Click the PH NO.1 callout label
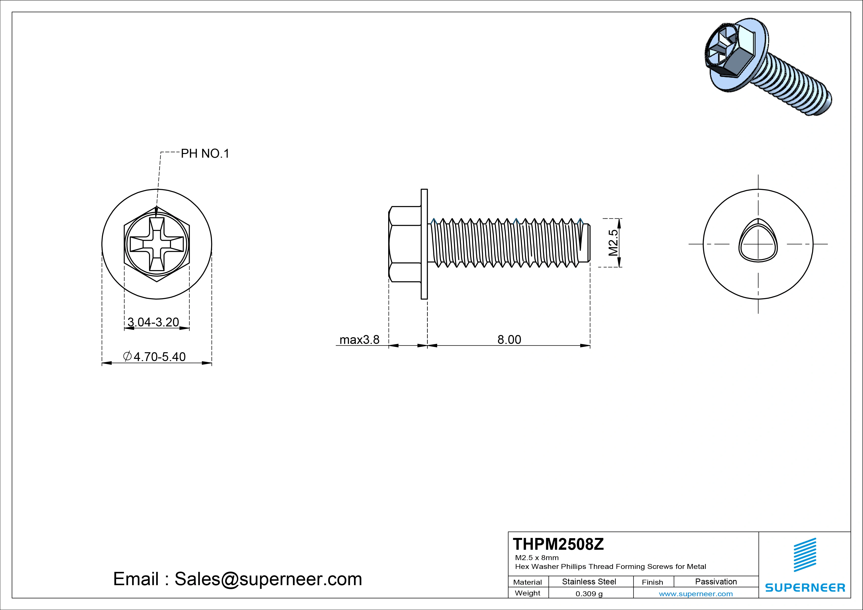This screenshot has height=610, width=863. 205,153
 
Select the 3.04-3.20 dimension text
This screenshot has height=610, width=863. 153,322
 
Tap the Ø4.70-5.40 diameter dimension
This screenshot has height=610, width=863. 154,356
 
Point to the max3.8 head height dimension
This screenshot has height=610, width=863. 359,340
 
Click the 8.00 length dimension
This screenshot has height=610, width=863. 509,339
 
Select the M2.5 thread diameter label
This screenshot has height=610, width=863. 613,243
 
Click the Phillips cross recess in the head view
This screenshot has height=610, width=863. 157,244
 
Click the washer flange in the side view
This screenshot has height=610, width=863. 424,244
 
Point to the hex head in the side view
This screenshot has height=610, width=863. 404,244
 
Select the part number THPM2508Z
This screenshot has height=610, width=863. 558,544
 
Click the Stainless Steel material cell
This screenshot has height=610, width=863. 589,581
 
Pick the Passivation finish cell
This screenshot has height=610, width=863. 716,581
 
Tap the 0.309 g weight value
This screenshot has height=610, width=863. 589,594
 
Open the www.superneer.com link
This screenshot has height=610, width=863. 695,594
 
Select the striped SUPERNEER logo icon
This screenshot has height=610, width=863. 805,560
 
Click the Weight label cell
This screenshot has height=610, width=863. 527,593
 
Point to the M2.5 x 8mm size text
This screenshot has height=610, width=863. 537,557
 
